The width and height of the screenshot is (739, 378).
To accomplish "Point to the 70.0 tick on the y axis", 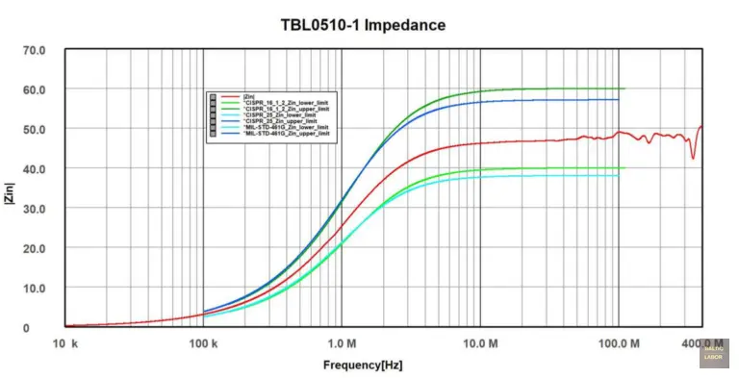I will pos(35,49).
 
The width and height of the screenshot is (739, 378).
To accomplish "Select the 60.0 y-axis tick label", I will pos(35,89).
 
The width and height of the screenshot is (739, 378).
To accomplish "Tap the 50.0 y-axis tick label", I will pos(35,129).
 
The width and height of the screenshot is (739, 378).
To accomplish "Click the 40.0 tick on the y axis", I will pos(35,168).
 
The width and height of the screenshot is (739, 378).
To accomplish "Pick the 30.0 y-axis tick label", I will pos(35,209).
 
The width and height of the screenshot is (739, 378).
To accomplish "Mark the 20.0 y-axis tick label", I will pos(35,248).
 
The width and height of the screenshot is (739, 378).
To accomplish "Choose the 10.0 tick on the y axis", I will pos(35,288).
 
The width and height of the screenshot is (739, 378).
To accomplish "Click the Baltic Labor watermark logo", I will pos(713,353).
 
